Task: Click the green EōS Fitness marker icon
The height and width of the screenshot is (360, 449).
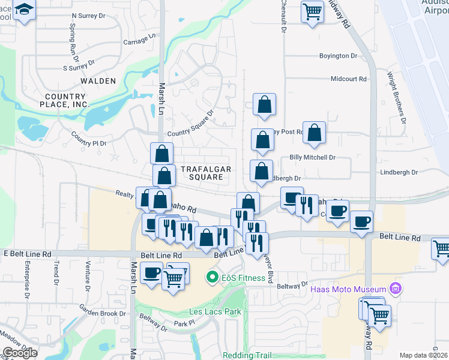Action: (211, 278)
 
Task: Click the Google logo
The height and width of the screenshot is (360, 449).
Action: (20, 352)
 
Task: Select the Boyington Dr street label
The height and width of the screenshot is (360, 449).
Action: (338, 56)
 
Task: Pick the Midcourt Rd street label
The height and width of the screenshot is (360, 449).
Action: (348, 79)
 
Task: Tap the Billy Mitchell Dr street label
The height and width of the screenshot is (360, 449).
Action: (312, 157)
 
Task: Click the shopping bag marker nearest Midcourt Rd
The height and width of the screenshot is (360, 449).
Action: (264, 106)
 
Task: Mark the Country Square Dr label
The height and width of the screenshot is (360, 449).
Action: (191, 124)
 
